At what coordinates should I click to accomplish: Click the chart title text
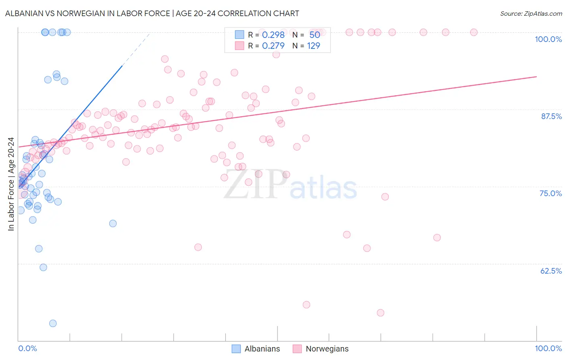pos(152,13)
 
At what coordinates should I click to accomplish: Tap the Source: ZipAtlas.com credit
pos(531,13)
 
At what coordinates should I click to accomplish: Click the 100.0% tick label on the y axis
pos(548,39)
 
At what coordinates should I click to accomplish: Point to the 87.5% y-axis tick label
pos(551,116)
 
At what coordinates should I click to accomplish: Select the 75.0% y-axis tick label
pos(550,193)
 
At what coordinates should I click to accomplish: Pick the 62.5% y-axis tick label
pos(550,271)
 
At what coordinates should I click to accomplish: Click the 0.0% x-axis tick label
pos(27,348)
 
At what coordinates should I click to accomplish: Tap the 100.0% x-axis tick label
pos(548,348)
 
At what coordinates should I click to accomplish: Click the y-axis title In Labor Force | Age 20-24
pos(11,184)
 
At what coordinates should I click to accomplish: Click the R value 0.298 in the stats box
pos(273,35)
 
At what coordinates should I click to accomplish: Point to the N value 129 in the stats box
pos(313,46)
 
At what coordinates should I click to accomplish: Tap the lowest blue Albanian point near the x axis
pos(53,323)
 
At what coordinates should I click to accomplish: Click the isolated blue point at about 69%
pos(113,224)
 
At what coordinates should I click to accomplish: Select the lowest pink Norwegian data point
pos(380,313)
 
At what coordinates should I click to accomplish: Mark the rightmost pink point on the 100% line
pos(474,32)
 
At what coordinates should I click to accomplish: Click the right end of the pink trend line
pos(536,76)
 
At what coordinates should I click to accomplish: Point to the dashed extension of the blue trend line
pos(135,49)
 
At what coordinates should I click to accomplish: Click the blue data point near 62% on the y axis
pos(43,268)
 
